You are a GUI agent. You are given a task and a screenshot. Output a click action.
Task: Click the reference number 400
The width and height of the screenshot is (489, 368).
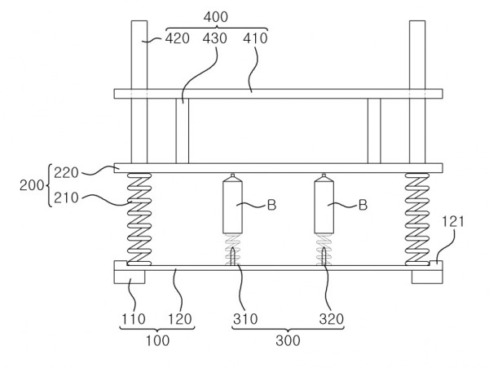(x=215, y=17)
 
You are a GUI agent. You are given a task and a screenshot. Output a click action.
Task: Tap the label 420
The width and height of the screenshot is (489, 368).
(x=177, y=38)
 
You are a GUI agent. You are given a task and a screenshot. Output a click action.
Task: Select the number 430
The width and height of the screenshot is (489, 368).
(x=214, y=38)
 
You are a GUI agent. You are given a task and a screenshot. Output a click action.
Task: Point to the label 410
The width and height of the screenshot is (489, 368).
(x=255, y=38)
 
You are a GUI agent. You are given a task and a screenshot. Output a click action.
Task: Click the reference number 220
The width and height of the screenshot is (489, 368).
(x=66, y=173)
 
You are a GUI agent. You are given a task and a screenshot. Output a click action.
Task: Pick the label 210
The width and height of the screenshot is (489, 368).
(x=66, y=198)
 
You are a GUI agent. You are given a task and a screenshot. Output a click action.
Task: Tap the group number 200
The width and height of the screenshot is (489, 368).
(x=32, y=185)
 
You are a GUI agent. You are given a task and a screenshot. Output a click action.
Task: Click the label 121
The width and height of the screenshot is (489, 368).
(x=453, y=222)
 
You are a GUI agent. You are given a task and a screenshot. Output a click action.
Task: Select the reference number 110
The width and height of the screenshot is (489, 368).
(x=134, y=319)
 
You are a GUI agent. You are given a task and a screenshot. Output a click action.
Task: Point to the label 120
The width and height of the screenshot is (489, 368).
(x=180, y=319)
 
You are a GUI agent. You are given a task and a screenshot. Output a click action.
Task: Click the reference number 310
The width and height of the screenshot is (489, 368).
(x=245, y=319)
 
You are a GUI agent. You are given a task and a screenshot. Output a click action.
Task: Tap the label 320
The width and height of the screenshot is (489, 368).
(x=331, y=319)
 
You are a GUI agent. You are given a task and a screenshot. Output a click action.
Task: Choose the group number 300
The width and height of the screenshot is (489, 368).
(x=288, y=340)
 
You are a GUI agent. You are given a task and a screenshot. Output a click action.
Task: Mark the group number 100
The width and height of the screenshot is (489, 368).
(x=158, y=340)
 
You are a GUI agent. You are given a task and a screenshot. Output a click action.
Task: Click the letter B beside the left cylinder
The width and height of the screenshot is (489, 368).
(x=272, y=205)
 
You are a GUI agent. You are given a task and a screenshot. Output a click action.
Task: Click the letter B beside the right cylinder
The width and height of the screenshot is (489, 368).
(x=363, y=205)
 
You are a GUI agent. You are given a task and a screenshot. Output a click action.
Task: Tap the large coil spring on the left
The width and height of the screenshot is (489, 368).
(x=139, y=219)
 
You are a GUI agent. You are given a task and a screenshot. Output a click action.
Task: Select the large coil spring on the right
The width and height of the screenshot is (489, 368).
(x=417, y=219)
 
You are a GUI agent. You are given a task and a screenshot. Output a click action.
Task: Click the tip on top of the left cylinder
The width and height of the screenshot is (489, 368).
(x=232, y=175)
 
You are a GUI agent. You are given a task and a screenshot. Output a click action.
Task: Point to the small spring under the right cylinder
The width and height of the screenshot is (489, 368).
(x=324, y=250)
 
